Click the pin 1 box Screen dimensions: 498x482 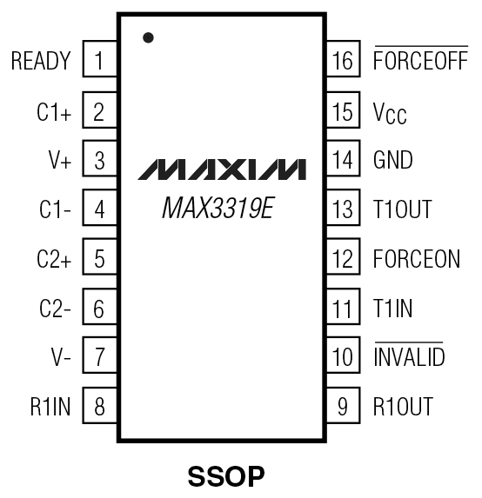[x=99, y=62]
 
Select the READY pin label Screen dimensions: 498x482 [x=41, y=62]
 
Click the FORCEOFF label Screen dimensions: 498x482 [x=420, y=62]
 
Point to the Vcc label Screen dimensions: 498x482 [x=389, y=112]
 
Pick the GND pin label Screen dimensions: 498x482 [x=392, y=161]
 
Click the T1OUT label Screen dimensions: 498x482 [x=402, y=209]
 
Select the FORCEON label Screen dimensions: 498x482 [x=416, y=259]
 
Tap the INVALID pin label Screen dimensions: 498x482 [x=408, y=356]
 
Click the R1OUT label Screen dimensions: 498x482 [x=402, y=406]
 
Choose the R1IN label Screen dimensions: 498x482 [x=50, y=406]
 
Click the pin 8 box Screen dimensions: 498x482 [x=99, y=406]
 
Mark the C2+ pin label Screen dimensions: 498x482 [x=53, y=259]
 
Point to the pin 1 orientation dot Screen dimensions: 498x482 [x=148, y=38]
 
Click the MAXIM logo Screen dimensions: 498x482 [x=222, y=168]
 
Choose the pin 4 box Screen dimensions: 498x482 [x=99, y=209]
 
